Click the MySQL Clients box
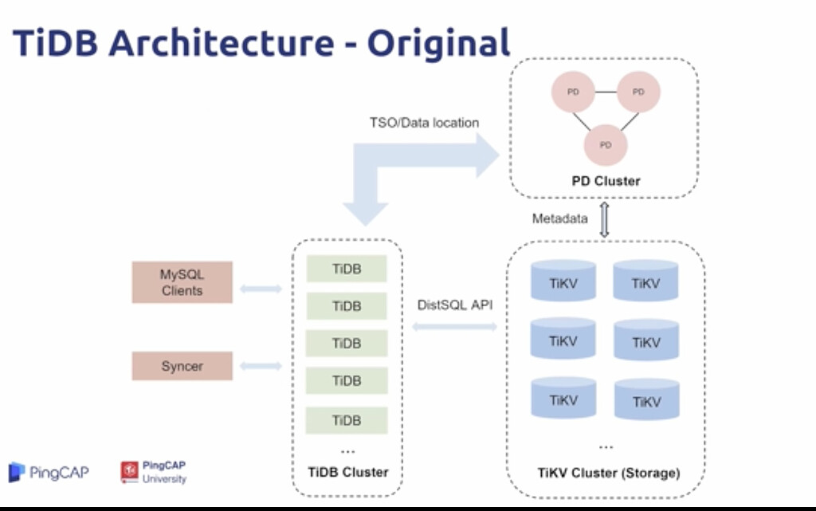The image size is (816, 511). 182,282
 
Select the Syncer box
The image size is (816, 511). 182,366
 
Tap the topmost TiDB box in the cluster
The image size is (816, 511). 347,269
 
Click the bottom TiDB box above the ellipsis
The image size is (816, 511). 347,420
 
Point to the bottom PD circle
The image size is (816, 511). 606,144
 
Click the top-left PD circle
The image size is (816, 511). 573,92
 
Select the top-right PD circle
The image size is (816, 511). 638,92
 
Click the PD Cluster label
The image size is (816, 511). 606,181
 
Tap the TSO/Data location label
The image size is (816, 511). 424,123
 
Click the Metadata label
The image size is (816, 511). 559,218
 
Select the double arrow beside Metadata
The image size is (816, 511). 604,219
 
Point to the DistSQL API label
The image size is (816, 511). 455,305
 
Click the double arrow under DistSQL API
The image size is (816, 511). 455,326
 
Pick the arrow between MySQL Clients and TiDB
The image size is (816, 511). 261,288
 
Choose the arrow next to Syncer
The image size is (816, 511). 261,366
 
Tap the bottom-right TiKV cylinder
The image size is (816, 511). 646,400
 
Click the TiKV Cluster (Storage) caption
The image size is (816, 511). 608,473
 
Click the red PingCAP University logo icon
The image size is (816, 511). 129,472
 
